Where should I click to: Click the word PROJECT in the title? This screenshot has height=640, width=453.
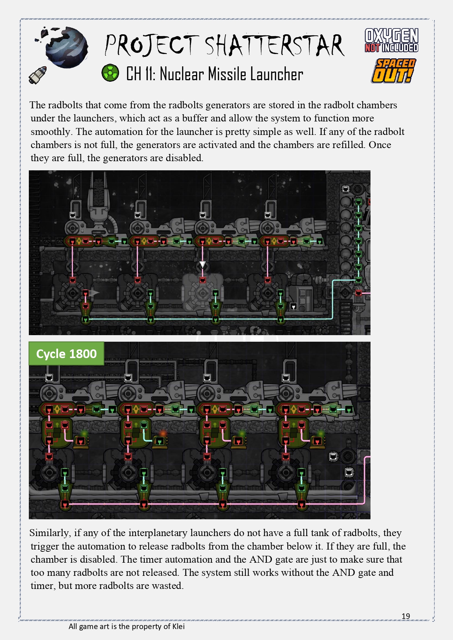pyautogui.click(x=151, y=45)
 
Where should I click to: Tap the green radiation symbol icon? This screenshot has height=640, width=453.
pyautogui.click(x=110, y=73)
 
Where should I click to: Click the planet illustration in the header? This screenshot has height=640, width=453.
pyautogui.click(x=66, y=47)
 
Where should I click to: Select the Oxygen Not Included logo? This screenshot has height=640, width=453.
pyautogui.click(x=391, y=40)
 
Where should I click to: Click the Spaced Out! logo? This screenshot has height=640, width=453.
pyautogui.click(x=394, y=71)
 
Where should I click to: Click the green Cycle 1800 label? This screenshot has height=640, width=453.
pyautogui.click(x=66, y=354)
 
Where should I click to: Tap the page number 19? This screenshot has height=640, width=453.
pyautogui.click(x=406, y=616)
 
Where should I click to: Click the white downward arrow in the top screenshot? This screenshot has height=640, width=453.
pyautogui.click(x=202, y=264)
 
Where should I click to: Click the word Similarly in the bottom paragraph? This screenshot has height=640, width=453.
pyautogui.click(x=50, y=533)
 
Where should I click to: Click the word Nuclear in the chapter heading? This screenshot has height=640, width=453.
pyautogui.click(x=182, y=74)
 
